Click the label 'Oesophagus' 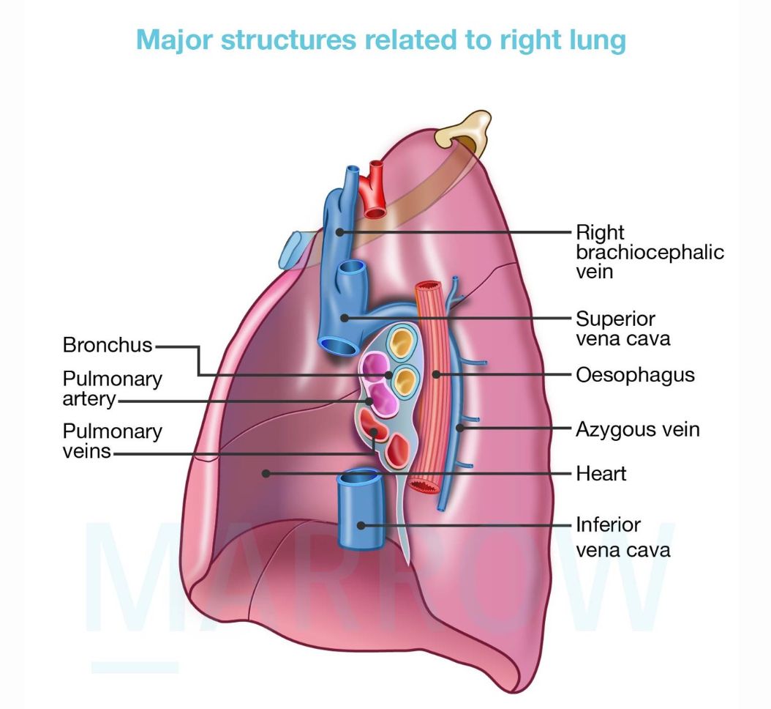coord(634,375)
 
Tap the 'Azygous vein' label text coord(637,428)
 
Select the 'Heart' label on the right coord(601,473)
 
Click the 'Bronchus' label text coord(108,345)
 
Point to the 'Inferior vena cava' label coord(622,537)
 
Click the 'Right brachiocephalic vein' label coord(650,252)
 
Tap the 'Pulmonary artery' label coord(112,389)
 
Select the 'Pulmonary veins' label coord(112,440)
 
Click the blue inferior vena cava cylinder coord(360,513)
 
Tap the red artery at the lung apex coord(376,190)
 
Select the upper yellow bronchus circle coord(400,341)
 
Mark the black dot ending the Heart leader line coord(268,474)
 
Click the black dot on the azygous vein coord(459,428)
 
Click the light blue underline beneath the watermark coord(135,667)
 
